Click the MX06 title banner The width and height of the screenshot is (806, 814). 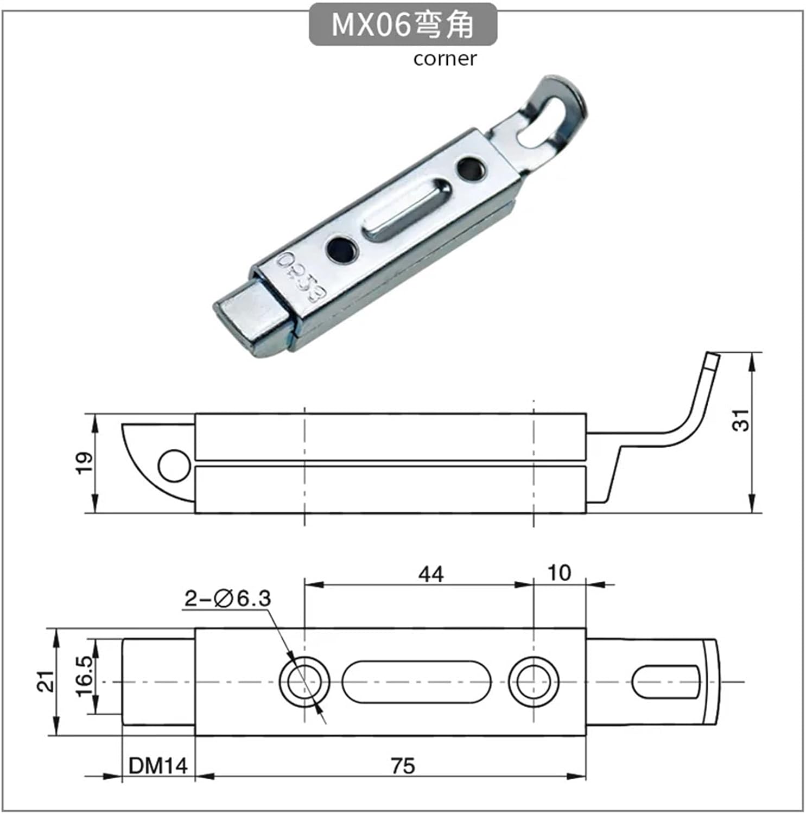click(x=403, y=24)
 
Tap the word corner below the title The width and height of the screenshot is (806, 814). click(x=445, y=59)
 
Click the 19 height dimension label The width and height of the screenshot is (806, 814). click(x=85, y=463)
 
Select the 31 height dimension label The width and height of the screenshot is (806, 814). click(x=741, y=419)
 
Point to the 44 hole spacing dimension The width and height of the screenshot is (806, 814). click(x=430, y=574)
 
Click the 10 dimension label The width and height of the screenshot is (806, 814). click(x=559, y=573)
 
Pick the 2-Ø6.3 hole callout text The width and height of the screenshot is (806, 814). click(x=227, y=599)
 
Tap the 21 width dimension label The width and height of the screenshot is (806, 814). click(x=46, y=681)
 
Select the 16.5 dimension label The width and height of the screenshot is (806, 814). click(x=84, y=676)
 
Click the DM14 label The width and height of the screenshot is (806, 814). click(x=158, y=766)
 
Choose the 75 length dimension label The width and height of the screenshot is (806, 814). click(x=402, y=766)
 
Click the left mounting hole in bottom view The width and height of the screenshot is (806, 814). click(x=304, y=682)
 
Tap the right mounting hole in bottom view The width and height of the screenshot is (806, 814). click(x=534, y=682)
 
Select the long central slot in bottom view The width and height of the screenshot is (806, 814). click(x=416, y=682)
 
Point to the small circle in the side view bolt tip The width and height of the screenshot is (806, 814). click(x=174, y=466)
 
